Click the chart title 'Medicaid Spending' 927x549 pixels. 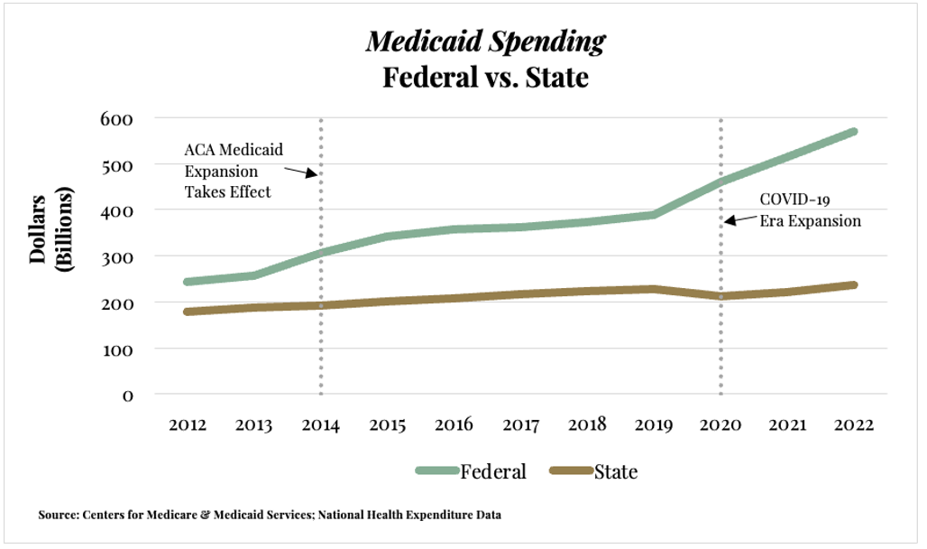point(485,42)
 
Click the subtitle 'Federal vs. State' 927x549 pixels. point(485,77)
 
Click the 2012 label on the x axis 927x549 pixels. point(187,425)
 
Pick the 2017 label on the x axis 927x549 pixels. point(520,425)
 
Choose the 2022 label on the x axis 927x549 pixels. point(853,425)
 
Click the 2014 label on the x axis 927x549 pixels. point(320,425)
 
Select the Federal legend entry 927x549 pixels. point(472,471)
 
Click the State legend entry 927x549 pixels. point(594,471)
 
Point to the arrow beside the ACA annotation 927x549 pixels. point(300,171)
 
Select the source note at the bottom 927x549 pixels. point(270,515)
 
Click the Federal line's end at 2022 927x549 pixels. point(852,133)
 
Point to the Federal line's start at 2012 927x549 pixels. point(188,282)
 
